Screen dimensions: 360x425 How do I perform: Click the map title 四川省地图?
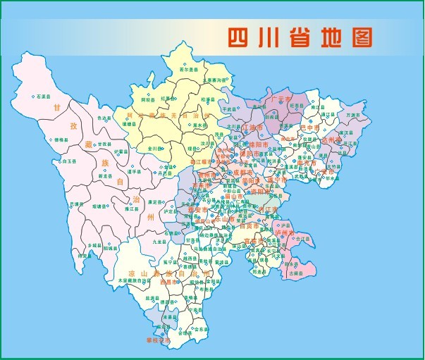pos(299,37)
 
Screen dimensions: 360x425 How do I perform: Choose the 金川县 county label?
pos(156,149)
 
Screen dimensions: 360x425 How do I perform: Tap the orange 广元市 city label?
pos(281,99)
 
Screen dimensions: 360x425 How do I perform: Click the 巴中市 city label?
pos(310,128)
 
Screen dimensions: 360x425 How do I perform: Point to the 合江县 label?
pos(302,239)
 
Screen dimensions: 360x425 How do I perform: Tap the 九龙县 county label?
pos(138,242)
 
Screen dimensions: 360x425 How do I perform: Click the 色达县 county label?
pos(104,118)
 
